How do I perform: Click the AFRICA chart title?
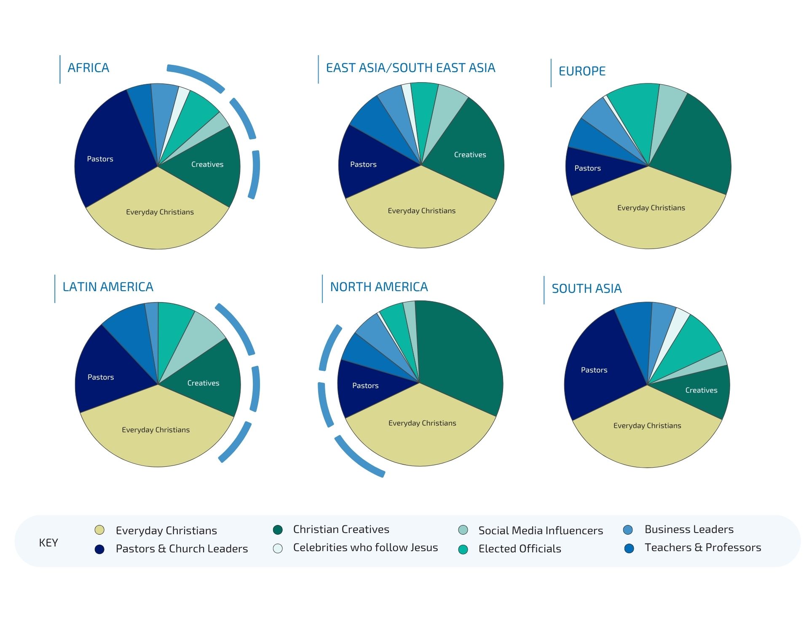tap(88, 68)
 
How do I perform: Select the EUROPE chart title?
tap(582, 71)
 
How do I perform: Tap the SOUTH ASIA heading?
tap(587, 289)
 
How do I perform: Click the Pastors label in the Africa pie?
tap(100, 159)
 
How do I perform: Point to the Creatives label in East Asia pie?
tap(470, 155)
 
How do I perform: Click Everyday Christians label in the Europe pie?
tap(651, 208)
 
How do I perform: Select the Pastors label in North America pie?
tap(365, 386)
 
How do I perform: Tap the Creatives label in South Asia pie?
tap(701, 390)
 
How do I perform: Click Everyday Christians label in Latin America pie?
tap(155, 430)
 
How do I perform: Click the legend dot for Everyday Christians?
tap(99, 530)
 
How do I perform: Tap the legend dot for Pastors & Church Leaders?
tap(99, 549)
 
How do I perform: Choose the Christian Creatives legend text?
tap(341, 529)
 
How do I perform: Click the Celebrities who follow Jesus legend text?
tap(365, 547)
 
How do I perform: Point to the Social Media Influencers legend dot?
tap(463, 530)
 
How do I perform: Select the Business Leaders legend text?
tap(689, 529)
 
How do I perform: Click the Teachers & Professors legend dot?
tap(629, 548)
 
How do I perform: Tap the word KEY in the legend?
tap(48, 543)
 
